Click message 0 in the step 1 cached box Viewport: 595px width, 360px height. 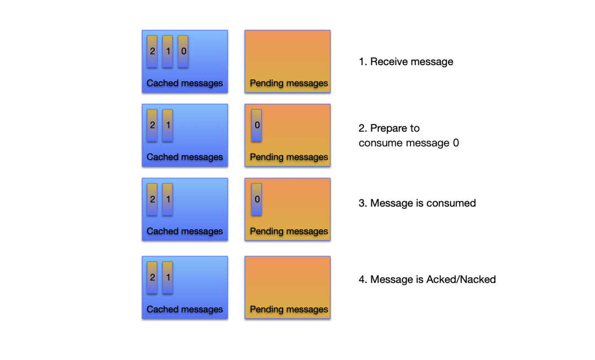(183, 52)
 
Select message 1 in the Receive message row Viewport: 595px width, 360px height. (167, 52)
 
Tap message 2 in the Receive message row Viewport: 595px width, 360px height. (152, 52)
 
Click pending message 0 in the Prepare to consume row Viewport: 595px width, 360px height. (257, 125)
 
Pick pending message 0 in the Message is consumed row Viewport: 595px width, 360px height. (257, 199)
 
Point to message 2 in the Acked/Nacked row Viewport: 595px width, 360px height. (152, 277)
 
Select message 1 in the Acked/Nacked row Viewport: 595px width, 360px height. (167, 277)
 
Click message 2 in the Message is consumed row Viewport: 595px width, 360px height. (152, 199)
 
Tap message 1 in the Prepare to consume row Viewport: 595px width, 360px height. (167, 125)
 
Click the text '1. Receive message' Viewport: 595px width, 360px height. (406, 62)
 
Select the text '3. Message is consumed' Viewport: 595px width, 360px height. (417, 203)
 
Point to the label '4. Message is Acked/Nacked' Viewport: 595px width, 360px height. (427, 280)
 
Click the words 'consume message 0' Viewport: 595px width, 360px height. (409, 143)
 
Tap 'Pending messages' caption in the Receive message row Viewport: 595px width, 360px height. (289, 83)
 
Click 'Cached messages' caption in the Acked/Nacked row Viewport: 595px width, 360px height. (185, 309)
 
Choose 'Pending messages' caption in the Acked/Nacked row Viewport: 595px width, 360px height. (289, 309)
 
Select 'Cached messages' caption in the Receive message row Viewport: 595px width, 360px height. (185, 83)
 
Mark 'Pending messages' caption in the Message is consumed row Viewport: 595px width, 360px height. (289, 231)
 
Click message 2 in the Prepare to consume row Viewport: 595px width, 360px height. (152, 125)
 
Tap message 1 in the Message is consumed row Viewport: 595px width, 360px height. (167, 199)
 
